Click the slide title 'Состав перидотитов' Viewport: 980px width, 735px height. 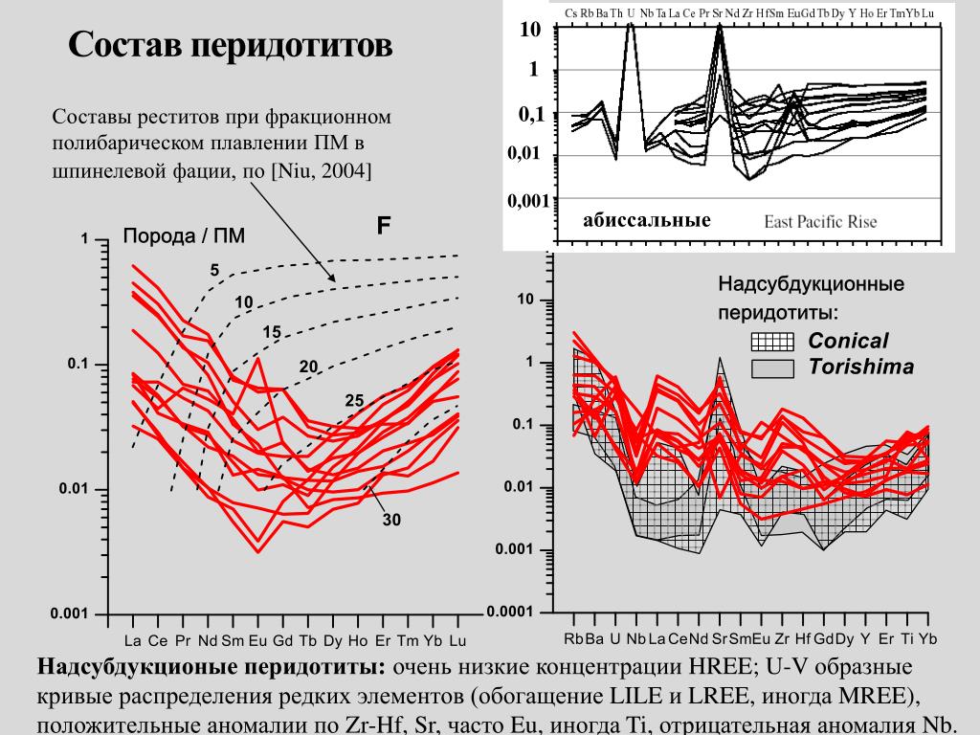point(230,46)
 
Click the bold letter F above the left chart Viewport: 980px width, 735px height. point(383,226)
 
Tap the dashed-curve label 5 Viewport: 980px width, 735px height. point(214,271)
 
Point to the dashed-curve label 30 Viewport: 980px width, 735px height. point(391,521)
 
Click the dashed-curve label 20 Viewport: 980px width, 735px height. point(308,366)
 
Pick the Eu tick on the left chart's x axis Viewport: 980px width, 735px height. point(257,639)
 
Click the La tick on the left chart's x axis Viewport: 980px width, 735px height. point(133,639)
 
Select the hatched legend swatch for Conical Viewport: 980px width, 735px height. point(773,342)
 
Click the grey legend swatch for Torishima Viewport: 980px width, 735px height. point(773,367)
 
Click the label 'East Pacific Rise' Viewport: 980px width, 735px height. point(820,222)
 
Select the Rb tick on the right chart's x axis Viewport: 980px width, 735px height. point(573,639)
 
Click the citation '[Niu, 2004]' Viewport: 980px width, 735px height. point(322,171)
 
